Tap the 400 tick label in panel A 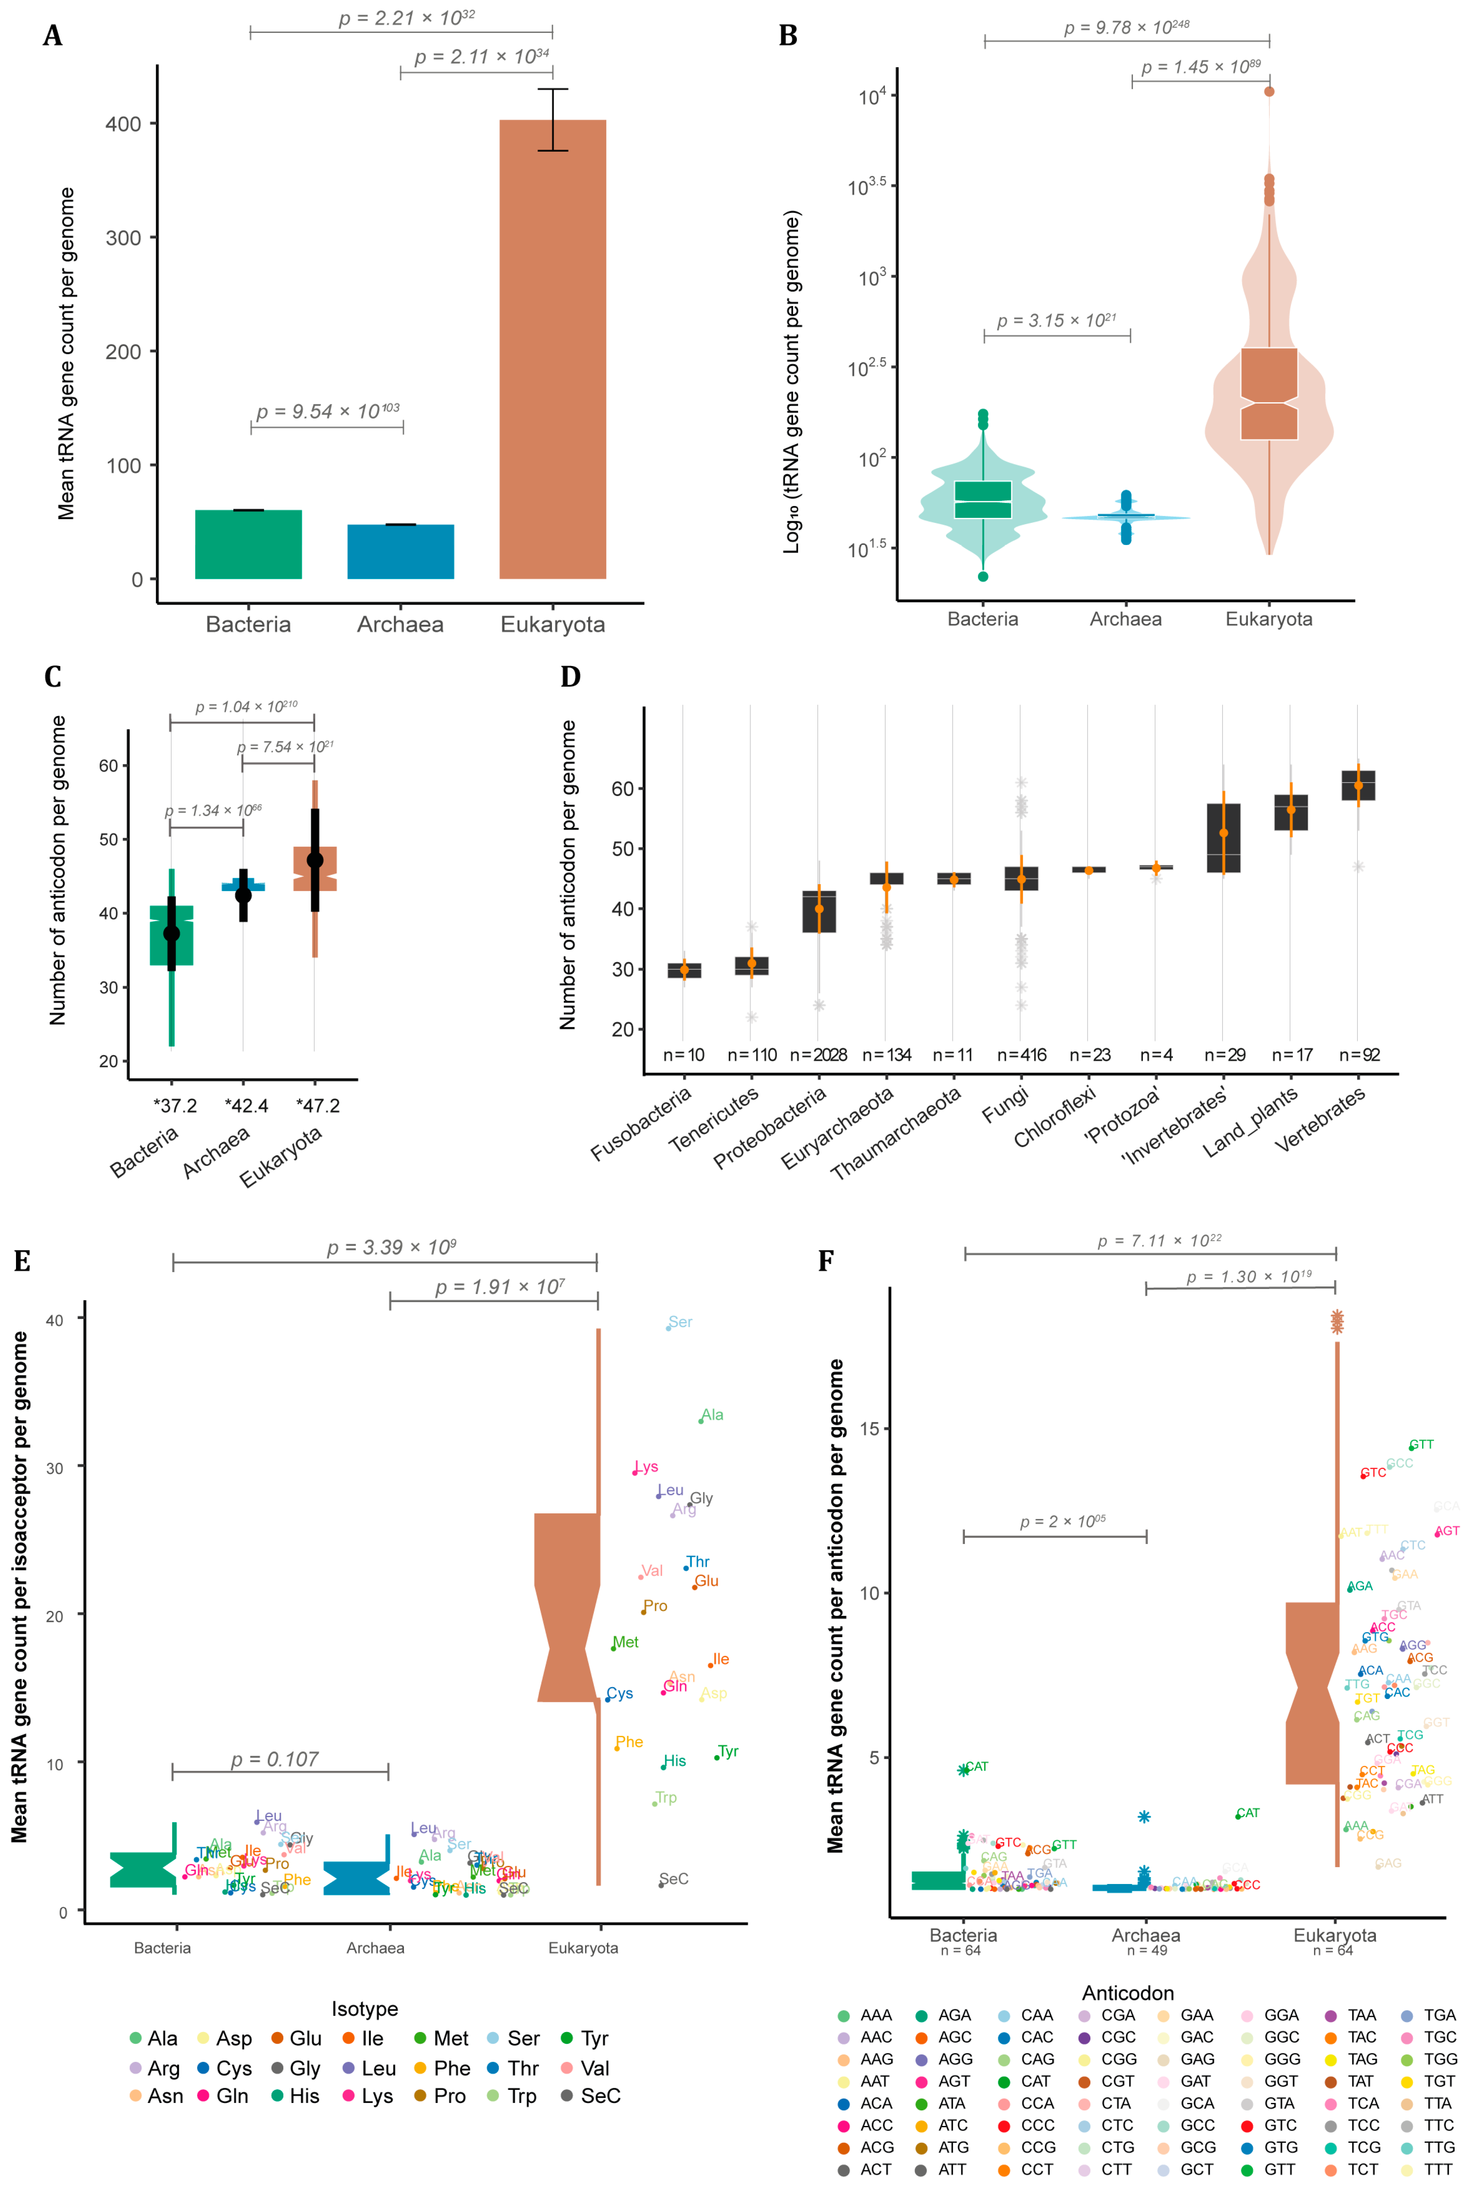(x=123, y=124)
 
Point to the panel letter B (x=788, y=36)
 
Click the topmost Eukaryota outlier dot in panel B (x=1268, y=91)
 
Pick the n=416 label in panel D (x=1021, y=1054)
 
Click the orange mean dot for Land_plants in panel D (x=1291, y=810)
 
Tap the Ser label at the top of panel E (x=680, y=1322)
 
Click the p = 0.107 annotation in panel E (x=275, y=1759)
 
